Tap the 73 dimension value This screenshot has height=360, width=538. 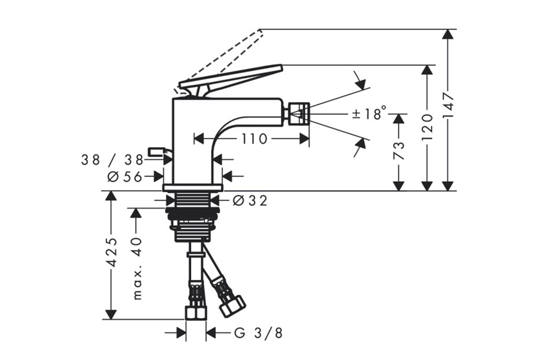[x=398, y=150]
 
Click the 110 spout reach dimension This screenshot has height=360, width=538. [x=254, y=139]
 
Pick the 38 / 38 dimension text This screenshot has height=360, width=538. [x=112, y=160]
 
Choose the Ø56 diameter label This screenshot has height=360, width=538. [x=125, y=177]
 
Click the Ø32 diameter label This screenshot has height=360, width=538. [x=249, y=200]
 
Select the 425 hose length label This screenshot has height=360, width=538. [x=111, y=252]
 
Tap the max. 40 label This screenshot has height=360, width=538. [x=137, y=268]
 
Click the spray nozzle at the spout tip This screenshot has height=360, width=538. [x=297, y=114]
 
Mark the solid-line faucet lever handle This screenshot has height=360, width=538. [x=231, y=77]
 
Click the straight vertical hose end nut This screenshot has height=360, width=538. [x=196, y=312]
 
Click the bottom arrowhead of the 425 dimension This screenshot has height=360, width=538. [x=111, y=314]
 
